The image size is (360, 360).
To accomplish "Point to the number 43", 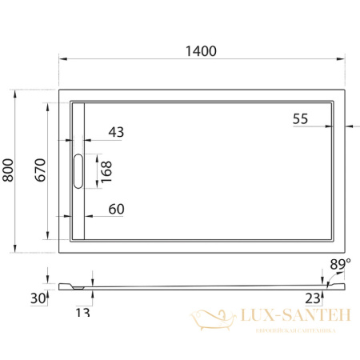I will pyautogui.click(x=116, y=132).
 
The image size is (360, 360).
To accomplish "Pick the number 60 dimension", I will pyautogui.click(x=116, y=210).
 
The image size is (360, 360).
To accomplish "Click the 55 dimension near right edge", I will pyautogui.click(x=301, y=118).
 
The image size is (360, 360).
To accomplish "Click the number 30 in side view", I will pyautogui.click(x=38, y=298).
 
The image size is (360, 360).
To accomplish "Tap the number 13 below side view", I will pyautogui.click(x=82, y=312).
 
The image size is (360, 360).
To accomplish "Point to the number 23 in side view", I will pyautogui.click(x=313, y=298).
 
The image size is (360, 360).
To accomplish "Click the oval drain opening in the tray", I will pyautogui.click(x=78, y=171).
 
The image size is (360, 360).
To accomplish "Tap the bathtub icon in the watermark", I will pyautogui.click(x=212, y=321).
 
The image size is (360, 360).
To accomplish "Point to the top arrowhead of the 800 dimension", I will pyautogui.click(x=18, y=91).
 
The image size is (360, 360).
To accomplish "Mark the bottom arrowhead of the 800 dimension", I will pyautogui.click(x=18, y=250).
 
